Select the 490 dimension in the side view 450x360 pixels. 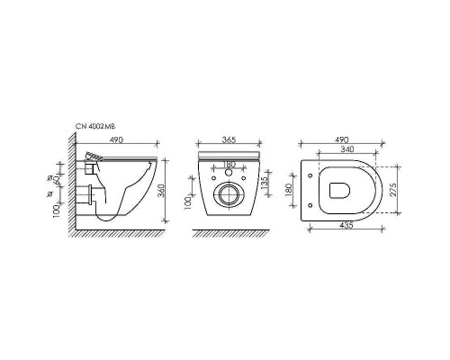coord(116,140)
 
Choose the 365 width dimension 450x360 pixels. coord(229,140)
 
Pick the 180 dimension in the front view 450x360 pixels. coord(229,164)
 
